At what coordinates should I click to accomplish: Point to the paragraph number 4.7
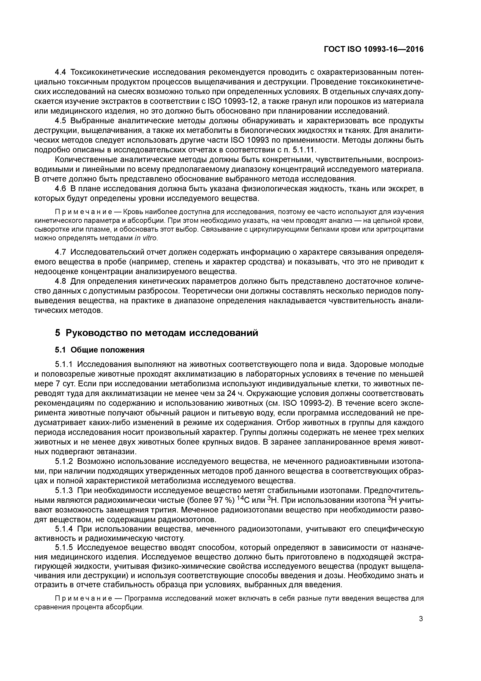tap(61, 252)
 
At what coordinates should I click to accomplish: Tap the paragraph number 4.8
tap(61, 281)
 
